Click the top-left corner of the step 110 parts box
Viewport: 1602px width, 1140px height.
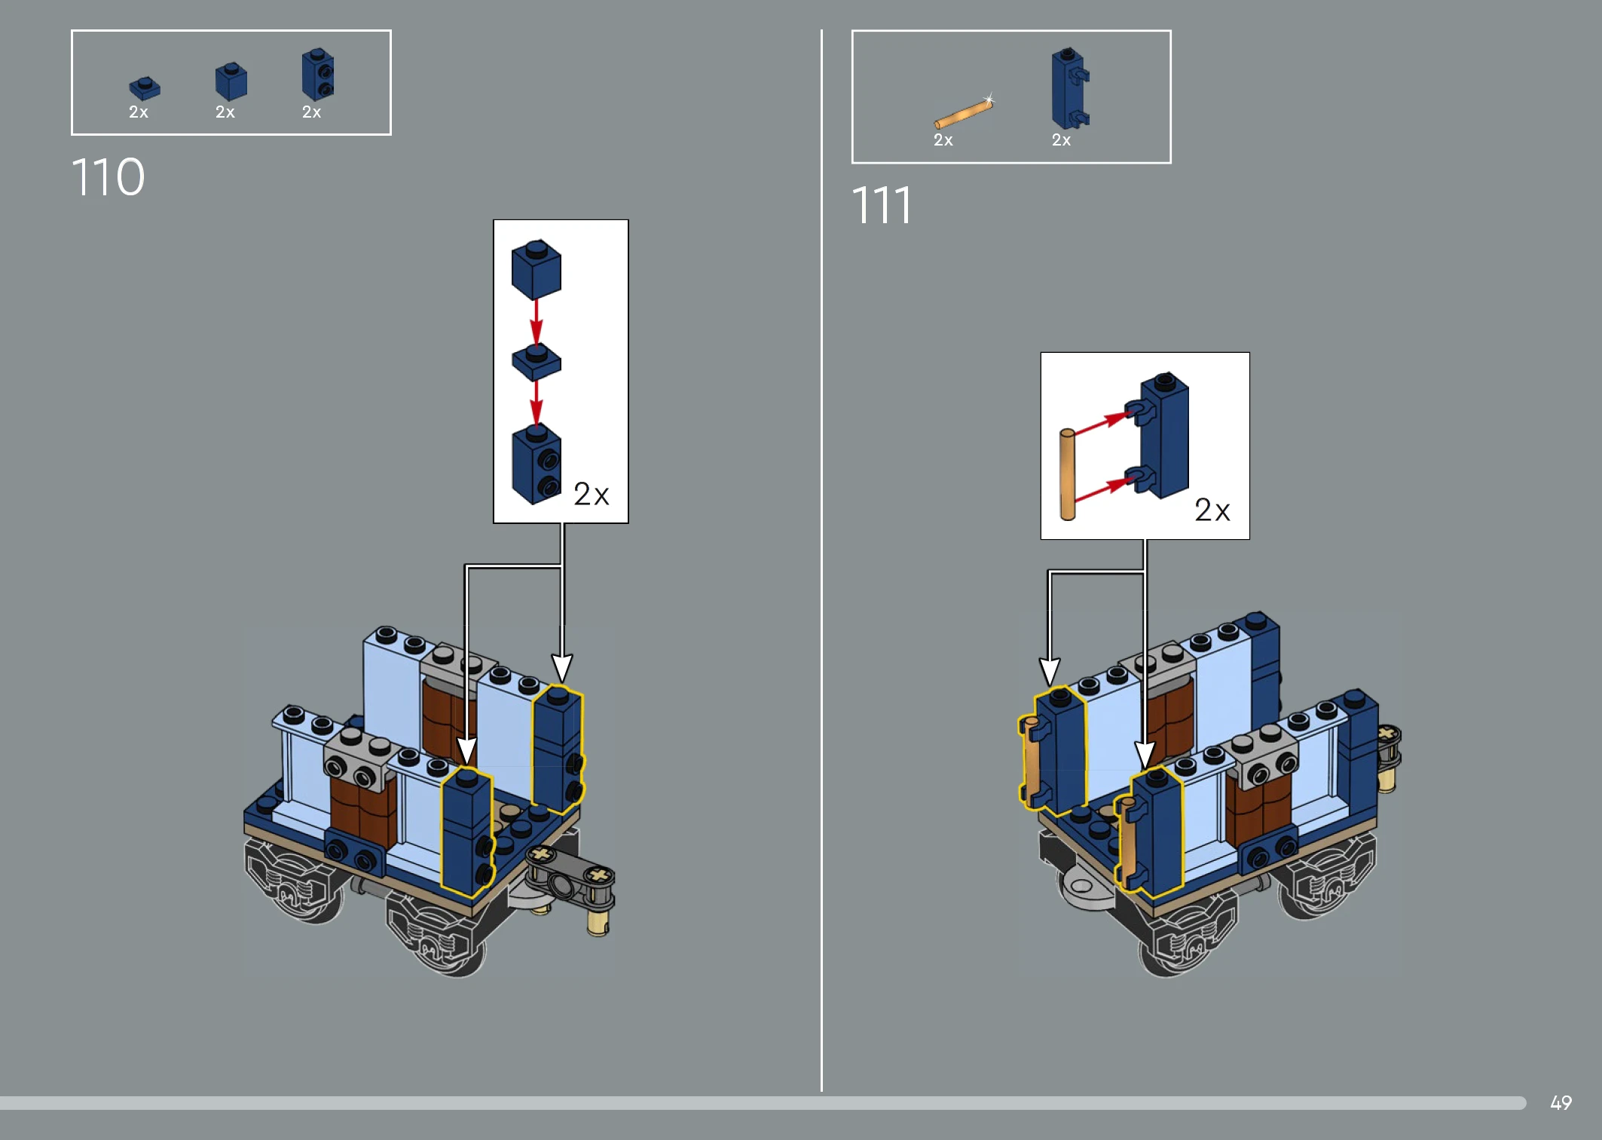coord(72,31)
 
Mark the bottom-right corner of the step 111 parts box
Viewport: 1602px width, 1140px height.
coord(1171,163)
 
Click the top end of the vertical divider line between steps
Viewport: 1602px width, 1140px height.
coord(821,30)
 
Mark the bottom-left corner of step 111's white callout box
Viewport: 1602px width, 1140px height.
coord(1041,539)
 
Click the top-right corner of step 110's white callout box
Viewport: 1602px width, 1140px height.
coord(628,220)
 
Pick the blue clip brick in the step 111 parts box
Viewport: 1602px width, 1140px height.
coord(1070,88)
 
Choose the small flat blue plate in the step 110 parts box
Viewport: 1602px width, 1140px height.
coord(145,88)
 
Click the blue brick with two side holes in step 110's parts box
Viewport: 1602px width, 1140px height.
coord(318,74)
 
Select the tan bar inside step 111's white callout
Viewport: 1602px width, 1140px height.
coord(1067,474)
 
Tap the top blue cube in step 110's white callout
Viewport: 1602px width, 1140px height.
coord(537,269)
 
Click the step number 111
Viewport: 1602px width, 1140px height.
coord(881,205)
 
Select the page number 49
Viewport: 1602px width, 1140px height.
coord(1561,1103)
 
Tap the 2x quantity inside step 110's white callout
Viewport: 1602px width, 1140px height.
coord(591,495)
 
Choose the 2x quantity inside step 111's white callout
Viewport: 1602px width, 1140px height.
coord(1212,510)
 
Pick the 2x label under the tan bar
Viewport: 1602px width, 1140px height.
coord(943,140)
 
